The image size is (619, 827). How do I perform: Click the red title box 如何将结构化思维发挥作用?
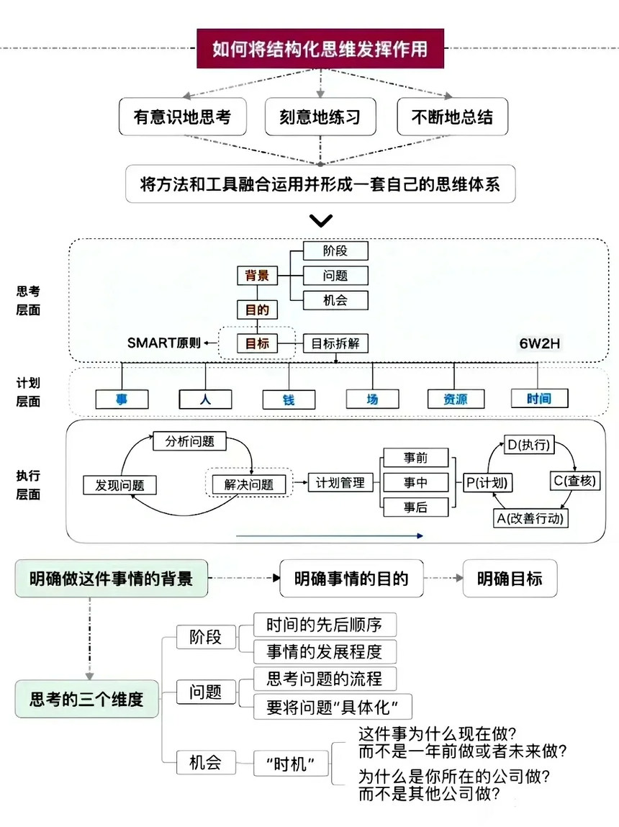coord(320,49)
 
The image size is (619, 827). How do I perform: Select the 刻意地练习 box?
coord(320,117)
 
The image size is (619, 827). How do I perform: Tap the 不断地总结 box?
coord(452,117)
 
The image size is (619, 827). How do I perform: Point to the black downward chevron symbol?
coord(320,220)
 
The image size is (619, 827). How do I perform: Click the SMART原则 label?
coord(163,343)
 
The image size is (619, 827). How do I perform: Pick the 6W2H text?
coord(539,343)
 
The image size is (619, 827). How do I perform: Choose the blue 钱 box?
coord(289,399)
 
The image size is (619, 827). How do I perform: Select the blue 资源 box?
coord(456,399)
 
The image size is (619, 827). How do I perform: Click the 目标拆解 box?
coord(335,343)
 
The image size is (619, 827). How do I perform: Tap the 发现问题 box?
coord(119,485)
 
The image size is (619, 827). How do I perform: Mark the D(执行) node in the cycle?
coord(529,446)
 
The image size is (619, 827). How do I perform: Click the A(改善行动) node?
coord(530,518)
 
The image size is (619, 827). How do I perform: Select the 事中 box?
coord(415,482)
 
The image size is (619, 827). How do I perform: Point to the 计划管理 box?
coord(340,483)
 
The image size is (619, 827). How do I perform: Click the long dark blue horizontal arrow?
coord(329,535)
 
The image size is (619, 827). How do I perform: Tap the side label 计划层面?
coord(28,392)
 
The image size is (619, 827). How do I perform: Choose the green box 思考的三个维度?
coord(87,698)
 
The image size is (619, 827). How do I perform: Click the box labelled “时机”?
coord(290,764)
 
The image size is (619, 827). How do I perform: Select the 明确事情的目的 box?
coord(351,579)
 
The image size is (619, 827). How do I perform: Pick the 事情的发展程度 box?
coord(324,651)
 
